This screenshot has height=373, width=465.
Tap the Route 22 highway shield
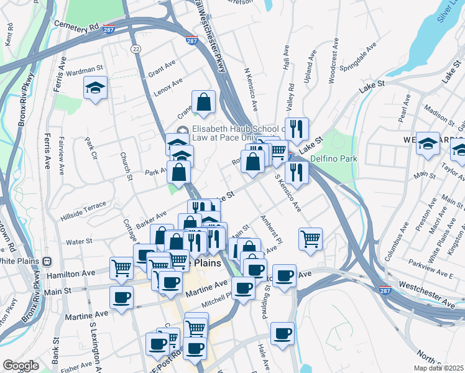[135, 48]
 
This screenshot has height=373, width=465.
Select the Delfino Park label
[334, 159]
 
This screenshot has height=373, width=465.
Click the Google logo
[21, 366]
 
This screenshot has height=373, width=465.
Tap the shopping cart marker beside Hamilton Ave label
[121, 268]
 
